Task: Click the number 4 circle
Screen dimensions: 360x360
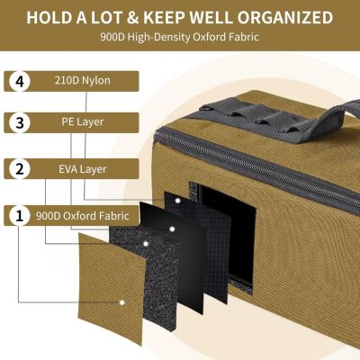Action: click(20, 80)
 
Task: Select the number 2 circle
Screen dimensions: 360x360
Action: click(20, 168)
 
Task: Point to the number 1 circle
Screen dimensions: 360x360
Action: click(20, 215)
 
